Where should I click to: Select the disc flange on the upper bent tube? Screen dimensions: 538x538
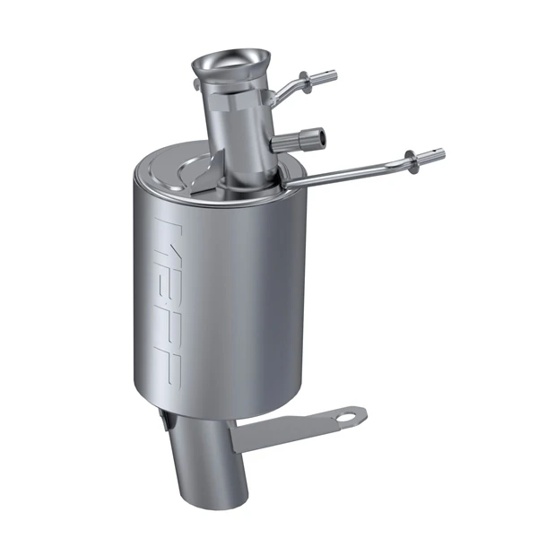(306, 78)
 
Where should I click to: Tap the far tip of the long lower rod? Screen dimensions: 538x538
(438, 153)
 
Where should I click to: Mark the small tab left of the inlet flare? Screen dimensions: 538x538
(195, 85)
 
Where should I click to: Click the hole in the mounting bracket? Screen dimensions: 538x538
(345, 416)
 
